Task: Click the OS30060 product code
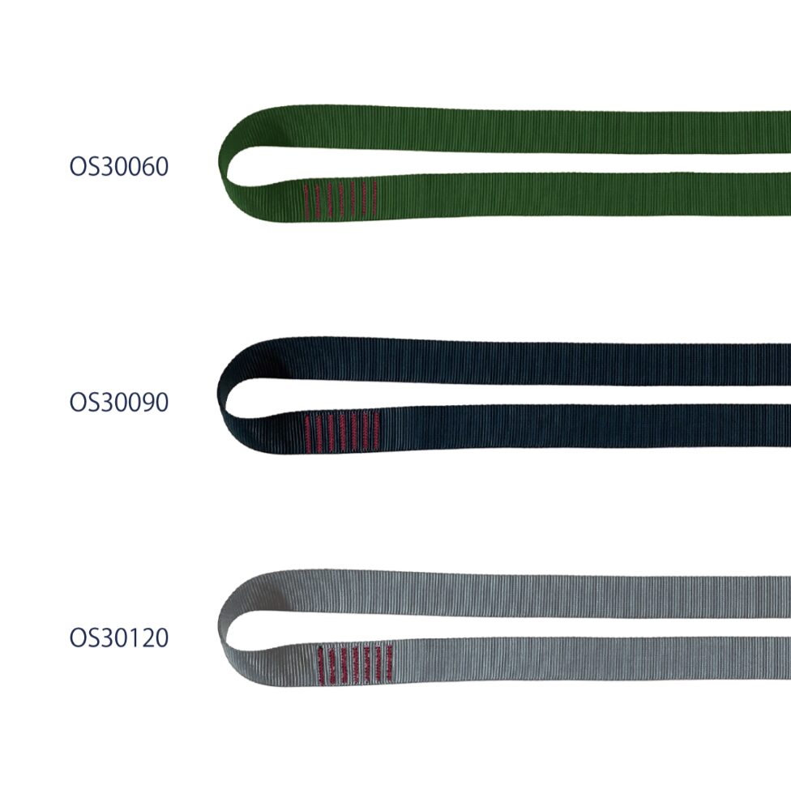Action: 118,166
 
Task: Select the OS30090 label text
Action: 118,402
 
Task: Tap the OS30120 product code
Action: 118,638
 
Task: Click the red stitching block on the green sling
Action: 340,199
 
